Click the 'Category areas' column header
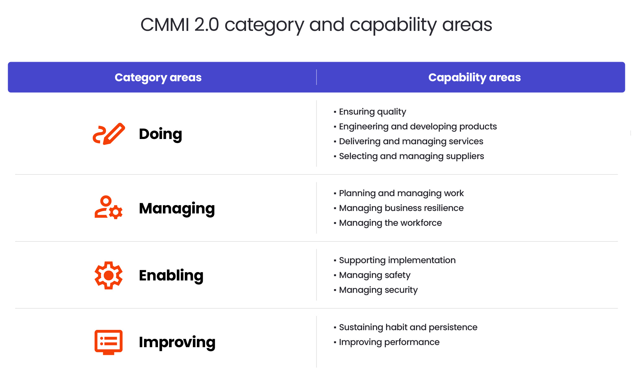(x=158, y=77)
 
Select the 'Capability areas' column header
(x=474, y=77)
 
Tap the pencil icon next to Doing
(x=109, y=134)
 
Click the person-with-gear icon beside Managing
(x=108, y=208)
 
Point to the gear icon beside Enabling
(x=108, y=275)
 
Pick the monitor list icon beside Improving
(x=108, y=342)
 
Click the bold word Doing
(x=160, y=134)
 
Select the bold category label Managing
(x=177, y=208)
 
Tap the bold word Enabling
(x=171, y=275)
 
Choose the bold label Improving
(x=177, y=342)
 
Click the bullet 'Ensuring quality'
(x=372, y=112)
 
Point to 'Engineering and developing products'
(x=418, y=126)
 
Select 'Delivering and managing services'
(x=411, y=141)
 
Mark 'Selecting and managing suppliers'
(x=411, y=156)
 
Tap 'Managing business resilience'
(x=401, y=208)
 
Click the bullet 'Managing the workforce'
(x=390, y=223)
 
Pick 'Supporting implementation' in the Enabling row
(x=397, y=260)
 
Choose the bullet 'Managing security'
(x=378, y=290)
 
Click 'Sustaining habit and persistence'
(x=408, y=327)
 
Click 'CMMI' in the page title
(x=165, y=25)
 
